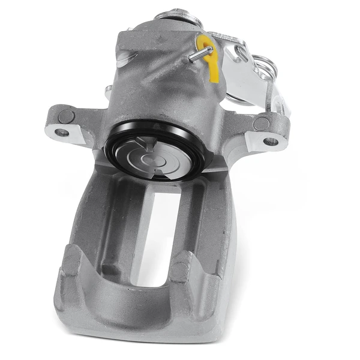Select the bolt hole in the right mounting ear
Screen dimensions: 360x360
click(271, 142)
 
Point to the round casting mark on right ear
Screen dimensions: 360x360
click(262, 124)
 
